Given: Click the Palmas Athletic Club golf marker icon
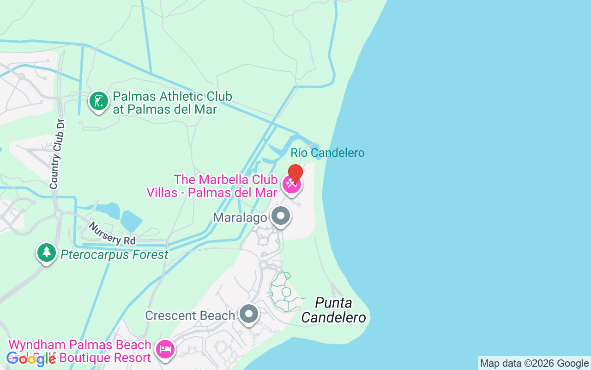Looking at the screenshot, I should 98,101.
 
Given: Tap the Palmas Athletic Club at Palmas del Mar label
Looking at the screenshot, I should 172,103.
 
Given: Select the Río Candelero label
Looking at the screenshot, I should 327,153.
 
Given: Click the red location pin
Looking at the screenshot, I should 295,174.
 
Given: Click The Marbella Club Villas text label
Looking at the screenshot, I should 212,186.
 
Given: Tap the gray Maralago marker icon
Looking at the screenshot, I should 280,216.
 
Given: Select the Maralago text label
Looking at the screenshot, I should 240,217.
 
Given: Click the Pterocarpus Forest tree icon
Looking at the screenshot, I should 47,253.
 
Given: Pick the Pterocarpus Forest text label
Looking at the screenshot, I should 115,255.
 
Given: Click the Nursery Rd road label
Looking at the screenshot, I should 113,234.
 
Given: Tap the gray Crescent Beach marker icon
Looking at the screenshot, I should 249,314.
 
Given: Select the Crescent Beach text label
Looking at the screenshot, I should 190,315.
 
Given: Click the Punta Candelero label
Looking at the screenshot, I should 334,310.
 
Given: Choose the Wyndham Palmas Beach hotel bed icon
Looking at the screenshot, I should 165,349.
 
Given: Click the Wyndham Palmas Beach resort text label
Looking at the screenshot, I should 80,351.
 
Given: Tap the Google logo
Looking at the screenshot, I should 31,358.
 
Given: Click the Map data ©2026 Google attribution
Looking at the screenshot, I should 534,364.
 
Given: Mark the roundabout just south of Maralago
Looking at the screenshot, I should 264,265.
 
